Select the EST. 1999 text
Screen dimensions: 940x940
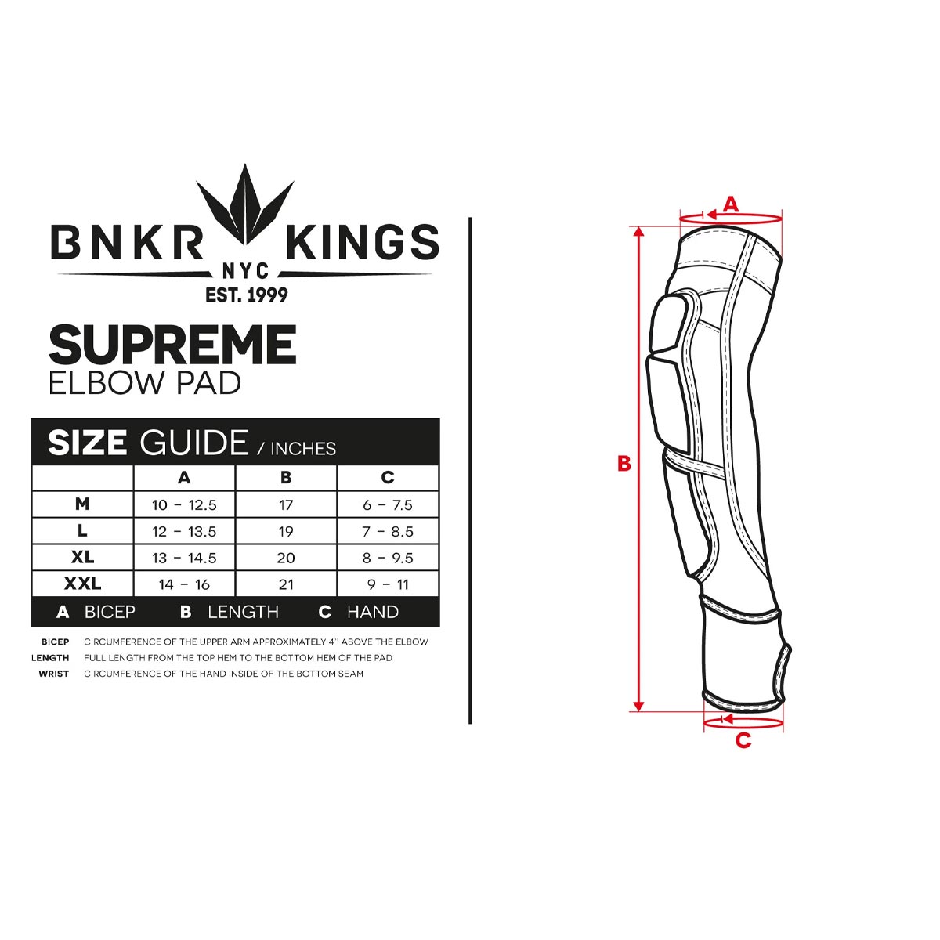246,295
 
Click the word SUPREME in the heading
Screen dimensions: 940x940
172,345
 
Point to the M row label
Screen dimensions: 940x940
82,504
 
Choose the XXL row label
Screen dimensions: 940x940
82,584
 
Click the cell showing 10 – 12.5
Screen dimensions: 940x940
184,505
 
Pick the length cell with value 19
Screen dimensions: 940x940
286,532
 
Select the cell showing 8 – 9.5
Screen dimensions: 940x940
387,559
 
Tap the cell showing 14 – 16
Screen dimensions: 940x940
184,585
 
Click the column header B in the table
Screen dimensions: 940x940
286,478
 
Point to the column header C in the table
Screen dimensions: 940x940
387,478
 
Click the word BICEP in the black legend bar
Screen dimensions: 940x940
110,612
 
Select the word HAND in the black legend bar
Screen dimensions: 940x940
373,612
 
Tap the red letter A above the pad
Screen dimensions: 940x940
730,204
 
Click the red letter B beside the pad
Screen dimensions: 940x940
624,464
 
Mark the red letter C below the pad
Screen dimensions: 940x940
743,740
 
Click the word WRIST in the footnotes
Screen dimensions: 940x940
53,674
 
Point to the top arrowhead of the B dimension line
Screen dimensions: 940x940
638,231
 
